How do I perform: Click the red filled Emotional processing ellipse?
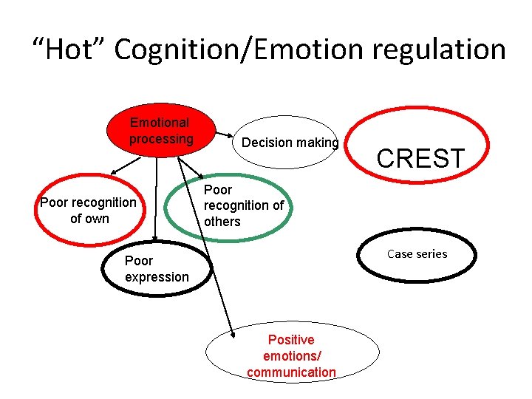[x=160, y=131]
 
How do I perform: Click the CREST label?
[x=420, y=158]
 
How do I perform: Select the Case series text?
[x=417, y=254]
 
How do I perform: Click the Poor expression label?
[x=157, y=269]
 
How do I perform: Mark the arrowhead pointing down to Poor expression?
[x=154, y=237]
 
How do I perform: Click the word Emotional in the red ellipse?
[x=160, y=123]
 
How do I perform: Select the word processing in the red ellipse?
[x=161, y=139]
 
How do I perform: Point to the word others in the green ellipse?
[x=222, y=222]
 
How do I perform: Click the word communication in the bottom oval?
[x=291, y=372]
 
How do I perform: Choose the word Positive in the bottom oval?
[x=291, y=340]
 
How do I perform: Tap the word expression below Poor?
[x=157, y=277]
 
